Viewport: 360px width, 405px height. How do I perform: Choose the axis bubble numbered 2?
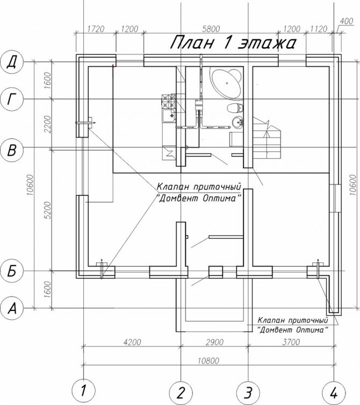(x=181, y=393)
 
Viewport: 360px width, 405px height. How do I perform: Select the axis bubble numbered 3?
(x=248, y=393)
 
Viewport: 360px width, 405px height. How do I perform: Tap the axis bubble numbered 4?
(x=334, y=393)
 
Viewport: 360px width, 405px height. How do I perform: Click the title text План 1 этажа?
(x=233, y=42)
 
